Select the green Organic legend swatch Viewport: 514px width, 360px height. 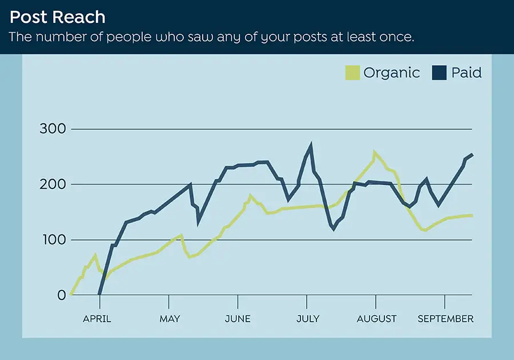pyautogui.click(x=352, y=73)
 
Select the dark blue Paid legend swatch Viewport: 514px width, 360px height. pyautogui.click(x=439, y=73)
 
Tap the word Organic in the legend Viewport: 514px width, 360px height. pyautogui.click(x=391, y=73)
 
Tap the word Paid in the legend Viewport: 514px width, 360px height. pyautogui.click(x=467, y=73)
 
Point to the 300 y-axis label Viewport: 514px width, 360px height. pyautogui.click(x=53, y=129)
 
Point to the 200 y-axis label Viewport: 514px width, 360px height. pyautogui.click(x=53, y=185)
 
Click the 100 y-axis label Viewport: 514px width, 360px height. pyautogui.click(x=53, y=240)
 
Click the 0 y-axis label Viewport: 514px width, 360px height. pyautogui.click(x=61, y=295)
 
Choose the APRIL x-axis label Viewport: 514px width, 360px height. pyautogui.click(x=97, y=319)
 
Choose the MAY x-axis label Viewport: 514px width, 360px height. pyautogui.click(x=170, y=319)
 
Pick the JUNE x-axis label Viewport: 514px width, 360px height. pyautogui.click(x=238, y=319)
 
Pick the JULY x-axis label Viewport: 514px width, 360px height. pyautogui.click(x=308, y=319)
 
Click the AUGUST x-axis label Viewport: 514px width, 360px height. pyautogui.click(x=376, y=319)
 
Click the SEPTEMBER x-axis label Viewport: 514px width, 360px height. pyautogui.click(x=445, y=319)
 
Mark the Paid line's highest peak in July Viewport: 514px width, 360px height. pyautogui.click(x=311, y=146)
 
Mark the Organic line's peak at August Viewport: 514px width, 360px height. pyautogui.click(x=375, y=153)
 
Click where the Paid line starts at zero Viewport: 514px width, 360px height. pyautogui.click(x=99, y=295)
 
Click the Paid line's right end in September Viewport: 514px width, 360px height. pyautogui.click(x=472, y=155)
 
